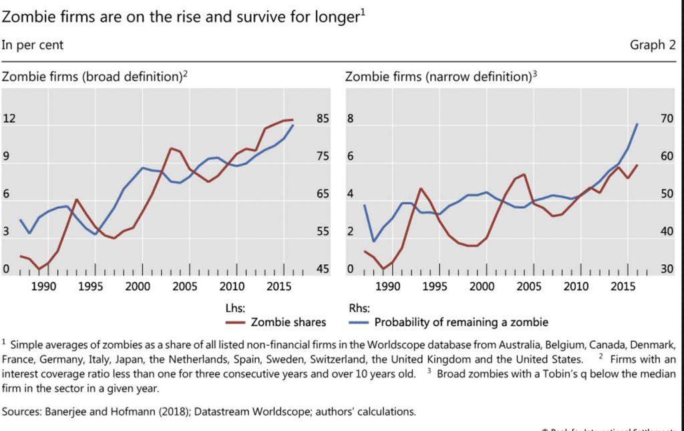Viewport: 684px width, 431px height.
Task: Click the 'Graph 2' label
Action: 652,45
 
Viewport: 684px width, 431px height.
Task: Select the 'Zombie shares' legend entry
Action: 288,322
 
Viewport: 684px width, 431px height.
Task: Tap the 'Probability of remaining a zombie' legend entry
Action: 460,322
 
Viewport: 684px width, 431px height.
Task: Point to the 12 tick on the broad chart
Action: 9,119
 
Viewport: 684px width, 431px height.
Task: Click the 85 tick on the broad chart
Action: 323,119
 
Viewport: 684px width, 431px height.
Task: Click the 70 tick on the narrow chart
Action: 666,119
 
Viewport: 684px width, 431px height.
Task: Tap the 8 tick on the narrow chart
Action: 349,119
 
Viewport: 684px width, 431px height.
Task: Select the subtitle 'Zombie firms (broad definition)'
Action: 92,77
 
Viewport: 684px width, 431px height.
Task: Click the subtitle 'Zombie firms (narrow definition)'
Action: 438,77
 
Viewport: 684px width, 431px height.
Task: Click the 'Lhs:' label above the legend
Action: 236,309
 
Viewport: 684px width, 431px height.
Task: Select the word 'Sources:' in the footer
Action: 23,411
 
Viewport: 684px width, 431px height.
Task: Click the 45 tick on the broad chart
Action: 323,270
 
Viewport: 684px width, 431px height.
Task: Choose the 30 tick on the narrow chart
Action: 666,270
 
